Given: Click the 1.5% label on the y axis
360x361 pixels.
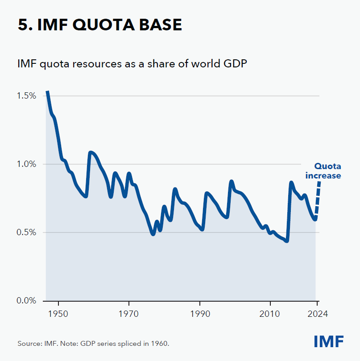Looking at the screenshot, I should pyautogui.click(x=26, y=96).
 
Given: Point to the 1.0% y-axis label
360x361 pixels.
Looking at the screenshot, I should pyautogui.click(x=26, y=164).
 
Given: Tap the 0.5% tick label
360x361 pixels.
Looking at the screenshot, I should pyautogui.click(x=26, y=232).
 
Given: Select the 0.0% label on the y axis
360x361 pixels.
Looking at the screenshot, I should pyautogui.click(x=26, y=301).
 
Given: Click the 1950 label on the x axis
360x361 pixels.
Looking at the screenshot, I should pyautogui.click(x=58, y=314).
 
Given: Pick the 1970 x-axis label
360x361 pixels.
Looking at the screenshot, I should pyautogui.click(x=129, y=314).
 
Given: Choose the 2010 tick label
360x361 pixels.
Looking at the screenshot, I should pyautogui.click(x=270, y=314).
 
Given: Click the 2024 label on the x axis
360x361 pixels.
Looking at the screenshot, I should pyautogui.click(x=317, y=314).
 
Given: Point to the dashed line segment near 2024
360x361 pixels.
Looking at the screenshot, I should pyautogui.click(x=318, y=199).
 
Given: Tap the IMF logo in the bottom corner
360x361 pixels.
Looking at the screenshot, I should pyautogui.click(x=329, y=342).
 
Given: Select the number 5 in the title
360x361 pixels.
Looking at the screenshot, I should pyautogui.click(x=23, y=25).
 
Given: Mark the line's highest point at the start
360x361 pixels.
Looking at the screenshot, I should pyautogui.click(x=47, y=92).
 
